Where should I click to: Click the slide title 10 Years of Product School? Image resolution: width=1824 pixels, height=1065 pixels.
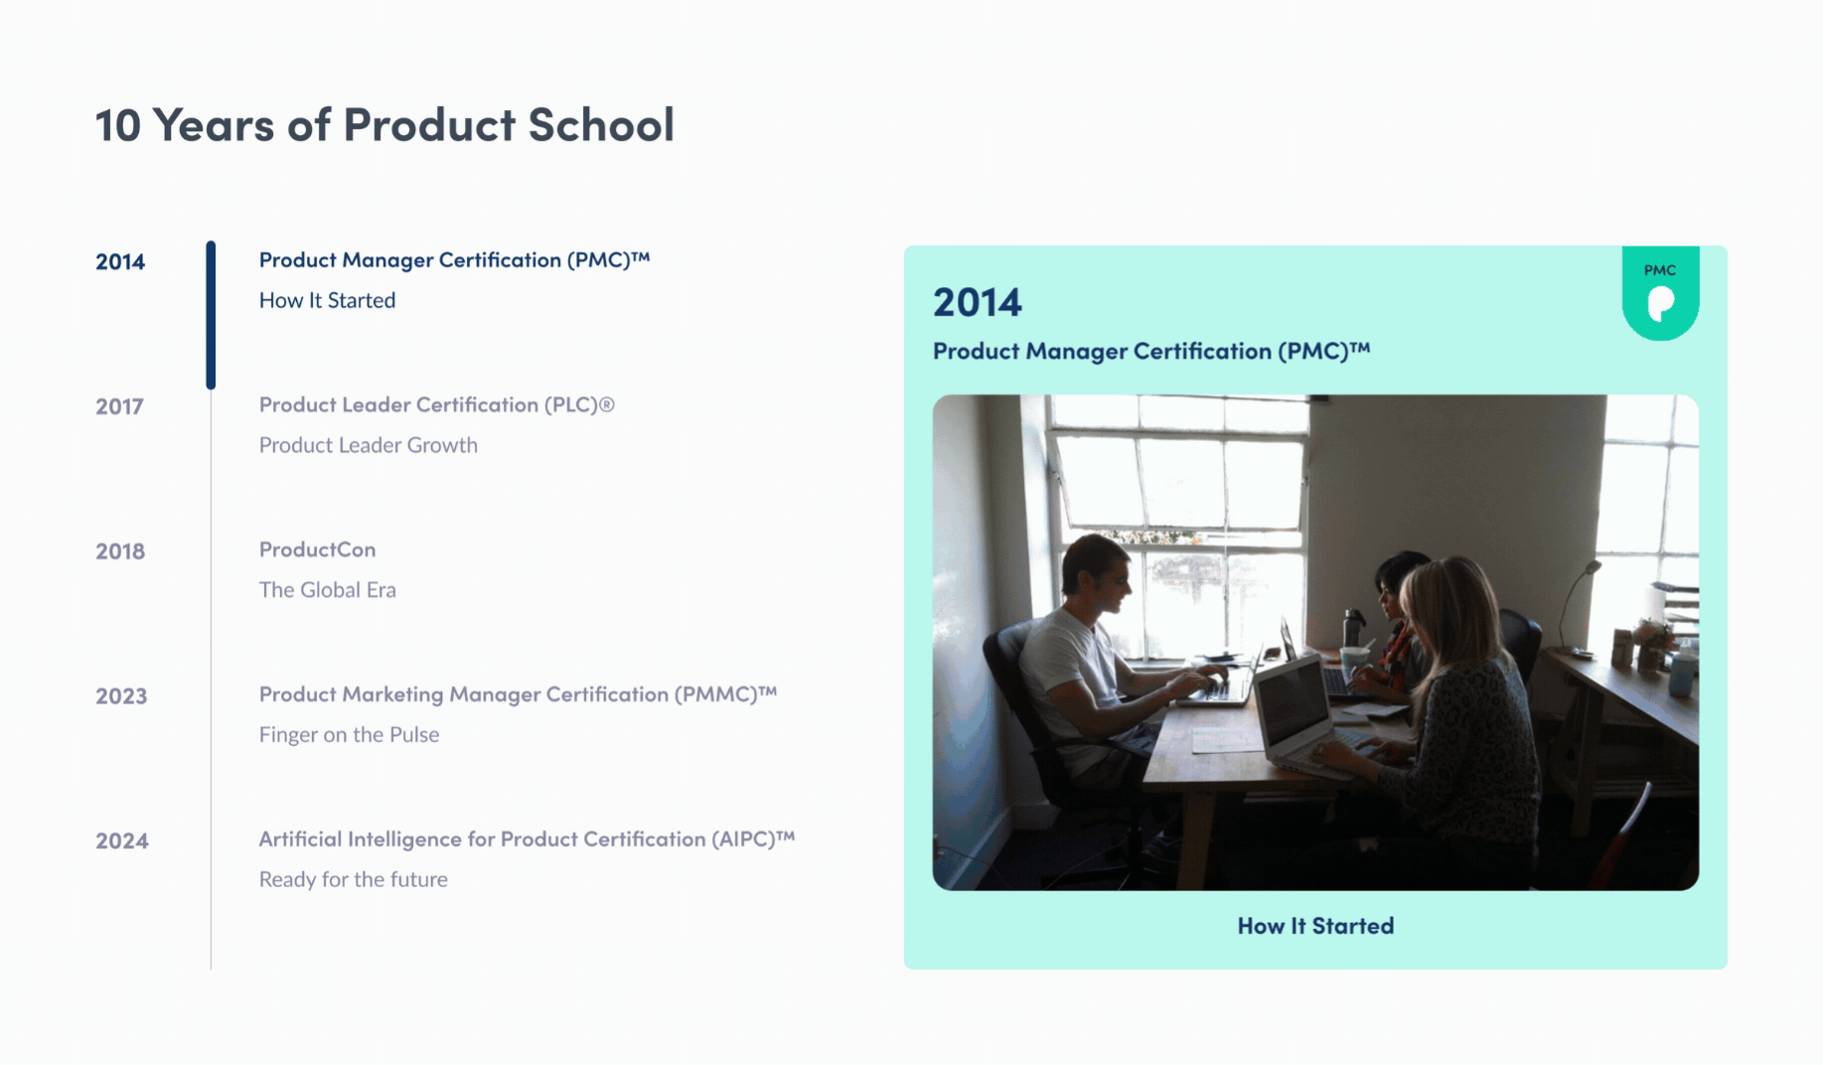tap(384, 125)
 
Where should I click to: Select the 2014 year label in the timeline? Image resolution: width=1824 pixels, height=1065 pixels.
tap(120, 261)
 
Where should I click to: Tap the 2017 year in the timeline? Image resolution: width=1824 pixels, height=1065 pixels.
tap(119, 406)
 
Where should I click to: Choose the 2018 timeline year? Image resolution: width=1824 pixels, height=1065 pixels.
tap(120, 551)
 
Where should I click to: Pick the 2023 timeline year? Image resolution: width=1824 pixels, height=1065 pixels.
tap(121, 696)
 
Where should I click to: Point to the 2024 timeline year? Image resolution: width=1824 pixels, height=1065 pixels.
tap(122, 841)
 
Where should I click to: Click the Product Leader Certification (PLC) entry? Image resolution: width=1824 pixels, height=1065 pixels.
tap(436, 404)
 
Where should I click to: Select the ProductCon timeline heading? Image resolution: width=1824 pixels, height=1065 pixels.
tap(317, 549)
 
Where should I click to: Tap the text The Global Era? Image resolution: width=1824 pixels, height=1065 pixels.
tap(327, 590)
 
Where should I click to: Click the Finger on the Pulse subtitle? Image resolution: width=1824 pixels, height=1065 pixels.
tap(349, 735)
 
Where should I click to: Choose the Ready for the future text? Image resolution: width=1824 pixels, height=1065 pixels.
tap(353, 880)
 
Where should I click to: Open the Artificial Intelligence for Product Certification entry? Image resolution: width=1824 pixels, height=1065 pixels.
tap(527, 839)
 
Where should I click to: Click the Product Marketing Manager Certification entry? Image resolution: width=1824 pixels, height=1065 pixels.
tap(518, 694)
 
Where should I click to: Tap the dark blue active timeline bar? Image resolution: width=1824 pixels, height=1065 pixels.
tap(211, 315)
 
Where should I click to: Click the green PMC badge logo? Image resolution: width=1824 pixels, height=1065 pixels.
tap(1660, 294)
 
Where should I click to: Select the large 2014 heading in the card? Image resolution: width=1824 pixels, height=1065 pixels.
tap(977, 302)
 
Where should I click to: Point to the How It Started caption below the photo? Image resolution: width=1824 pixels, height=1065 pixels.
tap(1315, 926)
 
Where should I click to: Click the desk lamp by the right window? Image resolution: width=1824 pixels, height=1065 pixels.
tap(1580, 596)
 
